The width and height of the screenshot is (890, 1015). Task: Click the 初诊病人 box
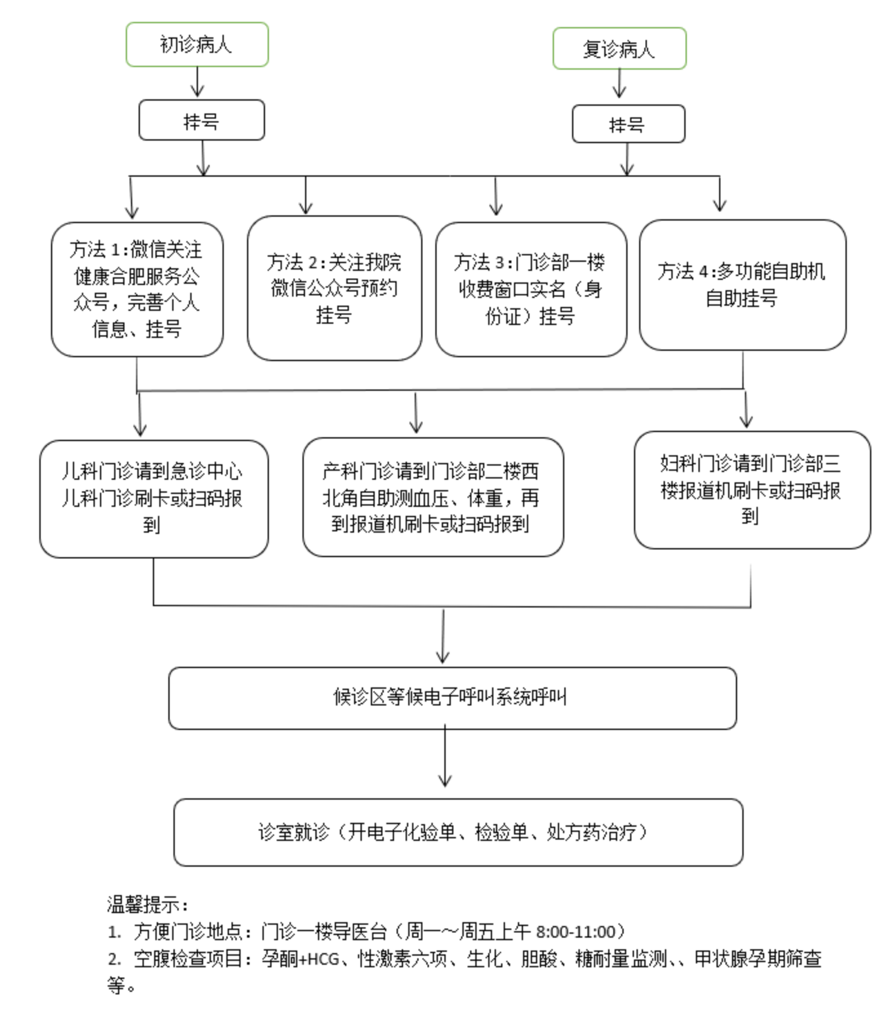coord(197,44)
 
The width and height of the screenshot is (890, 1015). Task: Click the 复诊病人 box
coord(619,48)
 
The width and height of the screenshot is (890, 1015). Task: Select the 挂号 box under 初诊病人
coord(201,120)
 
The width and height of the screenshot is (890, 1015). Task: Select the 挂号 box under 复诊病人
coord(628,124)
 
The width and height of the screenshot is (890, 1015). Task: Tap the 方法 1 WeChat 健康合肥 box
coord(137,290)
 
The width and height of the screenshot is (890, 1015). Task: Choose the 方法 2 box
coord(334,288)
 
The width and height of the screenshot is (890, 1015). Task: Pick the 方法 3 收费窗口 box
coord(531,290)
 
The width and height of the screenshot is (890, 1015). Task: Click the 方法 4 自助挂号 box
coord(742,285)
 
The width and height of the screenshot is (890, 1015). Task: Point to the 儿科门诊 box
coord(153,498)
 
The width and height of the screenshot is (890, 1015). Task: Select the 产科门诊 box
coord(433,497)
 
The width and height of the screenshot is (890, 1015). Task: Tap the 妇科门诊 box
coord(752,490)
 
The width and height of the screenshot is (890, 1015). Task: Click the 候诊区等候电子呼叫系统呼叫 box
coord(452,698)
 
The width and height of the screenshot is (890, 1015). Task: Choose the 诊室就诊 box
coord(458,833)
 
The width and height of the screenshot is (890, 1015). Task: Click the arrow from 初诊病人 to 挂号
coord(197,82)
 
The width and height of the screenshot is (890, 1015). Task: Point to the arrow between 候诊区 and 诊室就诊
coord(444,755)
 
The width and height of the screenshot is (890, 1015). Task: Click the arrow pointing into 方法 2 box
coord(306,195)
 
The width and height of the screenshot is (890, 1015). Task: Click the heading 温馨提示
coord(147,905)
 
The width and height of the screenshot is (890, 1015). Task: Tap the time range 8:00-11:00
coord(575,932)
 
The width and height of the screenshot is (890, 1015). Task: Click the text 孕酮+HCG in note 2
coord(301,959)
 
